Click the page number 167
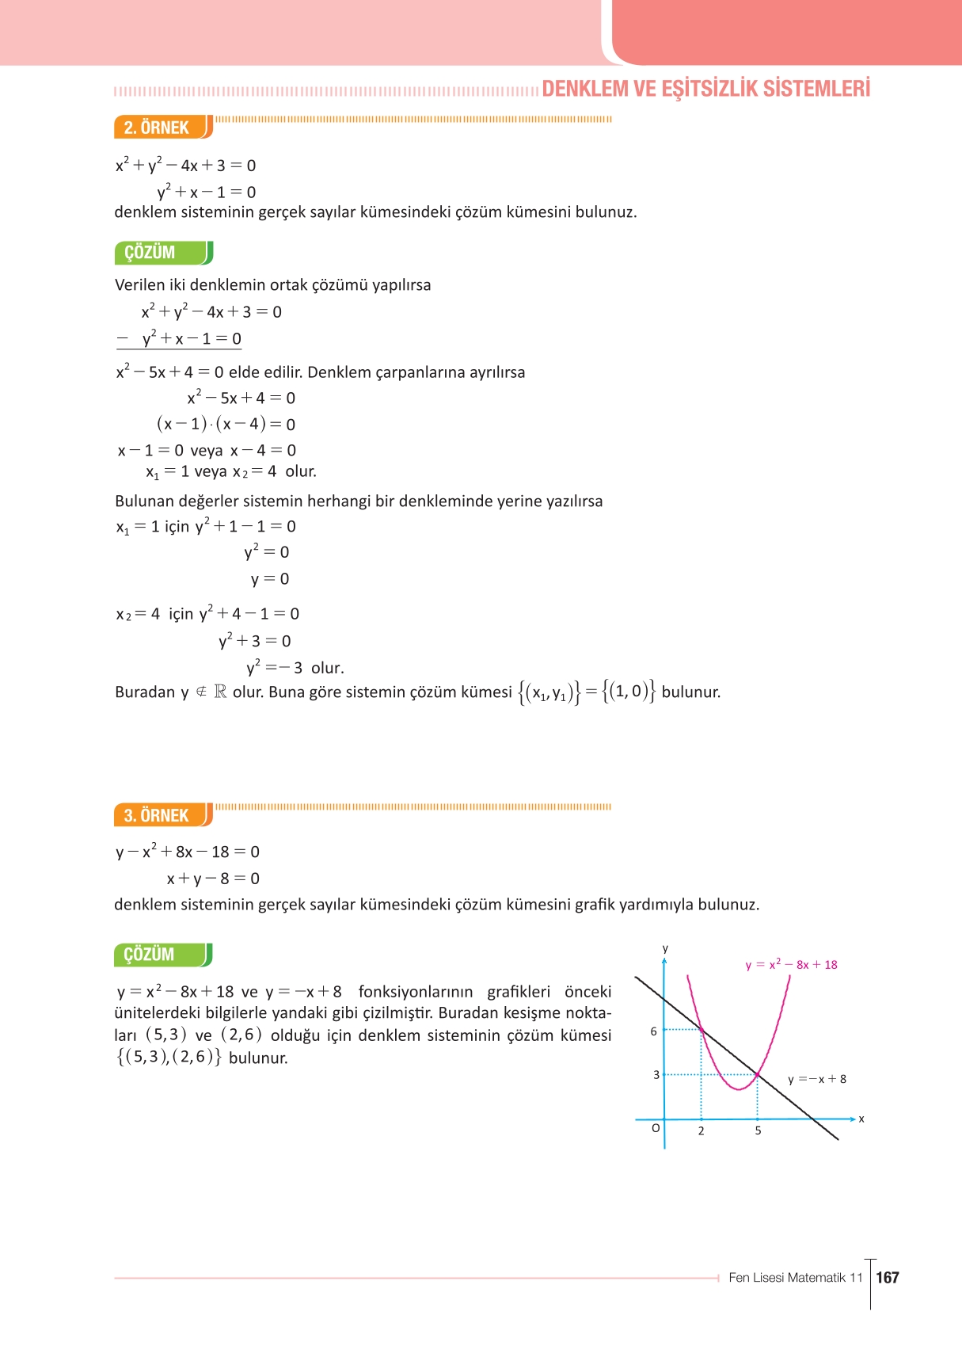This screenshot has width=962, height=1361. pyautogui.click(x=888, y=1277)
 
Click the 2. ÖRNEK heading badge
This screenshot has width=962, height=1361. pyautogui.click(x=158, y=128)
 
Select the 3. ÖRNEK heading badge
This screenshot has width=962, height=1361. pyautogui.click(x=158, y=815)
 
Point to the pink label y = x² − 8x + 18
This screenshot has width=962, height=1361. pyautogui.click(x=791, y=964)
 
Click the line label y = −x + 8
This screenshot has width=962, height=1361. pyautogui.click(x=817, y=1079)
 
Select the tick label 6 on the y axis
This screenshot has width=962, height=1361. pyautogui.click(x=653, y=1031)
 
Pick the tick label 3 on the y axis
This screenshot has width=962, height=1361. pyautogui.click(x=656, y=1075)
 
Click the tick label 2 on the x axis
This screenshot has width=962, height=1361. pyautogui.click(x=701, y=1131)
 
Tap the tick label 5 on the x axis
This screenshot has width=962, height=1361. pyautogui.click(x=758, y=1131)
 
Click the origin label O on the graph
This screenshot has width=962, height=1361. pyautogui.click(x=655, y=1128)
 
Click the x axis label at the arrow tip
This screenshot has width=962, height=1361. pyautogui.click(x=861, y=1119)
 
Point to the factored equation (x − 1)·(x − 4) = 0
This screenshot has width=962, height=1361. pyautogui.click(x=226, y=424)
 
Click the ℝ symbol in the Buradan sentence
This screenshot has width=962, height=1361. pyautogui.click(x=220, y=692)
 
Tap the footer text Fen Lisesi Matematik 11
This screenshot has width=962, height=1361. pyautogui.click(x=795, y=1278)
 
